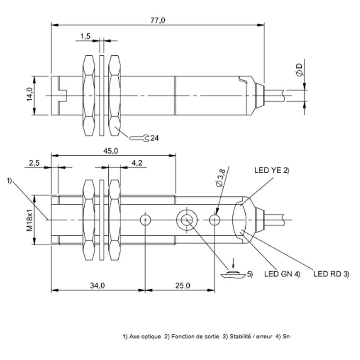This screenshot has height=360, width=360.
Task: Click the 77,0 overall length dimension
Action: [x=158, y=20]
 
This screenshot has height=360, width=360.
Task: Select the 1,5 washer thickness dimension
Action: [x=85, y=36]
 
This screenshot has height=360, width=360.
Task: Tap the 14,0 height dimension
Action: [x=29, y=94]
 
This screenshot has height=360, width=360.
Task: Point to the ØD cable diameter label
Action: [x=300, y=70]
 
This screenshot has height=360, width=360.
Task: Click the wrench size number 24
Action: [x=154, y=138]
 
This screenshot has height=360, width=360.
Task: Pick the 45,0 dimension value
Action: [x=110, y=151]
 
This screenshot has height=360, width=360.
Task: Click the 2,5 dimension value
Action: [x=34, y=163]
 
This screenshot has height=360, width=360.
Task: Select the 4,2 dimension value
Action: [x=137, y=163]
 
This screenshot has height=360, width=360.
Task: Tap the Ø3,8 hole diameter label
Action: [x=221, y=177]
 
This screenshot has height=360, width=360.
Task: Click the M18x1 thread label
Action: [x=29, y=220]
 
